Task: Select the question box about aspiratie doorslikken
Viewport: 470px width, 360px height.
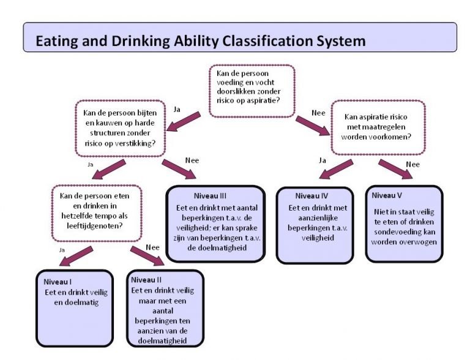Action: pyautogui.click(x=252, y=90)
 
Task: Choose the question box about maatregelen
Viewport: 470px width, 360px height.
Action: pyautogui.click(x=378, y=127)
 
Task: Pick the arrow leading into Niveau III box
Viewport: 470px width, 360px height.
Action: pyautogui.click(x=179, y=169)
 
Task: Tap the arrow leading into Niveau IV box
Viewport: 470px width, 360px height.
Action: pyautogui.click(x=336, y=170)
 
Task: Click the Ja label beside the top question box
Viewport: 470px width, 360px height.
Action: pyautogui.click(x=177, y=109)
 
